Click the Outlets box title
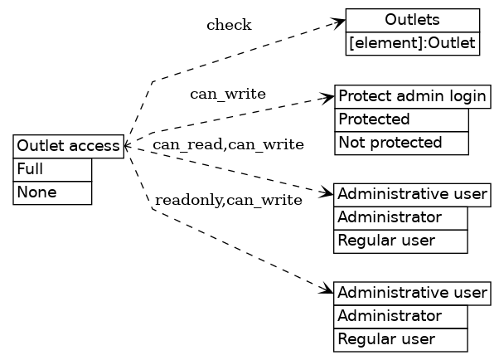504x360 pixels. pyautogui.click(x=413, y=20)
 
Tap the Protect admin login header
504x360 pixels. pyautogui.click(x=412, y=96)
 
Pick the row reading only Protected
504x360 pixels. pyautogui.click(x=401, y=119)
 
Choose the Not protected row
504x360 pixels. pyautogui.click(x=401, y=143)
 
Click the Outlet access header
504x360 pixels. pyautogui.click(x=69, y=146)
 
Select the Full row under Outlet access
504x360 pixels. pyautogui.click(x=52, y=169)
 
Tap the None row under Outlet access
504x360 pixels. pyautogui.click(x=52, y=192)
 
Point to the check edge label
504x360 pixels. pyautogui.click(x=229, y=25)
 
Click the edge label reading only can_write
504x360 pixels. pyautogui.click(x=228, y=94)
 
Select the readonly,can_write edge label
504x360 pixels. pyautogui.click(x=228, y=200)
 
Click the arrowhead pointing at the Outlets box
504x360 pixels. pyautogui.click(x=339, y=21)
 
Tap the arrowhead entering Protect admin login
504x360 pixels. pyautogui.click(x=328, y=98)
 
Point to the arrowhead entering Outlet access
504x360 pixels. pyautogui.click(x=127, y=146)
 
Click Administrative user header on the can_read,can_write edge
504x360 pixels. pyautogui.click(x=412, y=195)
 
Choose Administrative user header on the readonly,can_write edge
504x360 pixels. pyautogui.click(x=412, y=293)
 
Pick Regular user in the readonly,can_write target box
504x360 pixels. pyautogui.click(x=401, y=339)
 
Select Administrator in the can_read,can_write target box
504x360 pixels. pyautogui.click(x=401, y=218)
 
